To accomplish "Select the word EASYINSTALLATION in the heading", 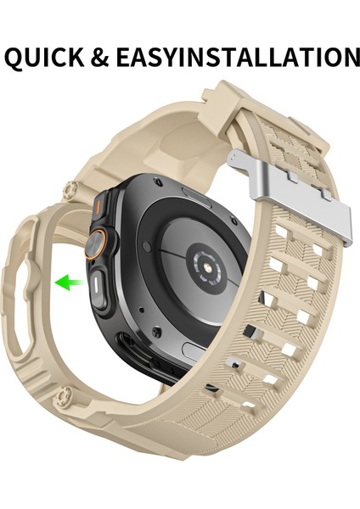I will point(246,57).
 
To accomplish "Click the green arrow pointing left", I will point(67,282).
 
